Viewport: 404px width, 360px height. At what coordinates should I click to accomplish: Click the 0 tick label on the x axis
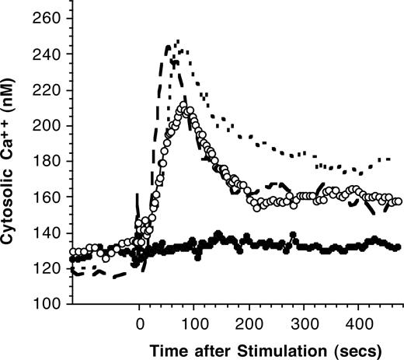click(x=140, y=321)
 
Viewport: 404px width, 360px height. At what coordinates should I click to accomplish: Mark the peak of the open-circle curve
click(x=183, y=105)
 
